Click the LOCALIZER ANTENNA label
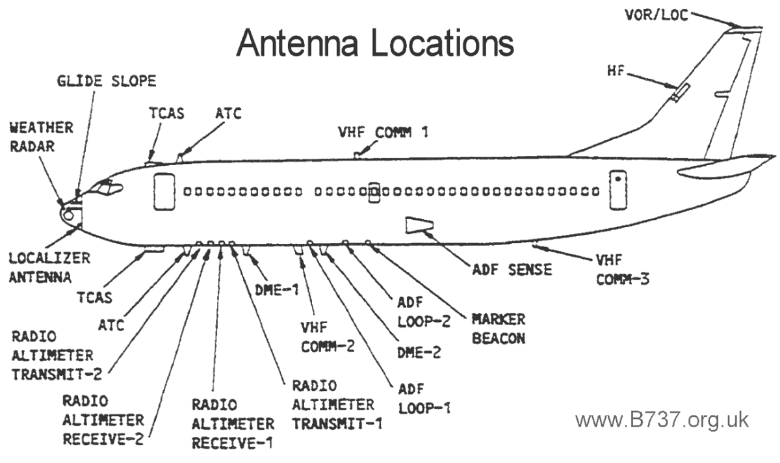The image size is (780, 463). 40,267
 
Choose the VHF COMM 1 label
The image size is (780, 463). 383,132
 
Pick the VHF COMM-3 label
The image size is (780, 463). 623,270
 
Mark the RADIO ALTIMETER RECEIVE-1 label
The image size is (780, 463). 232,424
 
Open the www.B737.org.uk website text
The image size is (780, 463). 662,419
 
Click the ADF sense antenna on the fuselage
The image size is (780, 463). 417,224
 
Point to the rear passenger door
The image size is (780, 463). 617,191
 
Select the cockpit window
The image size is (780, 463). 107,189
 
